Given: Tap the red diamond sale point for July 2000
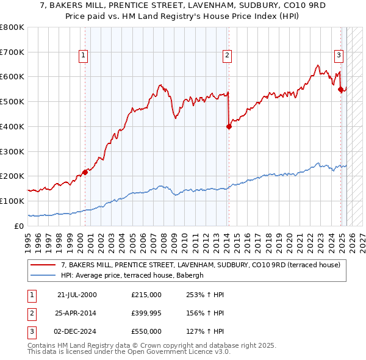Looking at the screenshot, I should [x=85, y=172].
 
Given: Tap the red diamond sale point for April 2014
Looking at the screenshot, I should [x=229, y=127].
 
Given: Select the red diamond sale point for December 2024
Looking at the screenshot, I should [x=340, y=89].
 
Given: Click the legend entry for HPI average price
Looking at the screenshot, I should [x=135, y=275].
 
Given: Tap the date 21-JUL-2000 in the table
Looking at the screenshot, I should [x=77, y=295].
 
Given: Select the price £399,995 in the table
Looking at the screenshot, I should [x=146, y=313].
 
